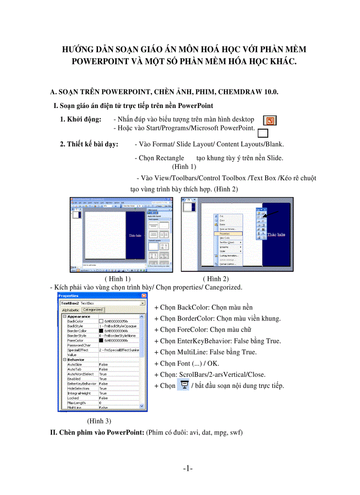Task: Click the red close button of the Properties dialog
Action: point(144,296)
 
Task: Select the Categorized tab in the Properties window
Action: point(93,310)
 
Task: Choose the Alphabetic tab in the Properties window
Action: point(71,310)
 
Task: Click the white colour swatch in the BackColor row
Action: point(101,321)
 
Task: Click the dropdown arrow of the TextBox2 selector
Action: point(142,303)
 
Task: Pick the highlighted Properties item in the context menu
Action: point(228,234)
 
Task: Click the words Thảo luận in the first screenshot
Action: point(135,235)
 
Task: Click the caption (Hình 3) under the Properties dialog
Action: point(99,421)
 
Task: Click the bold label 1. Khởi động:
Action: point(81,119)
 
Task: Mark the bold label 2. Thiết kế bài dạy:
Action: point(89,144)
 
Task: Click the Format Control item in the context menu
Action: point(229,264)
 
